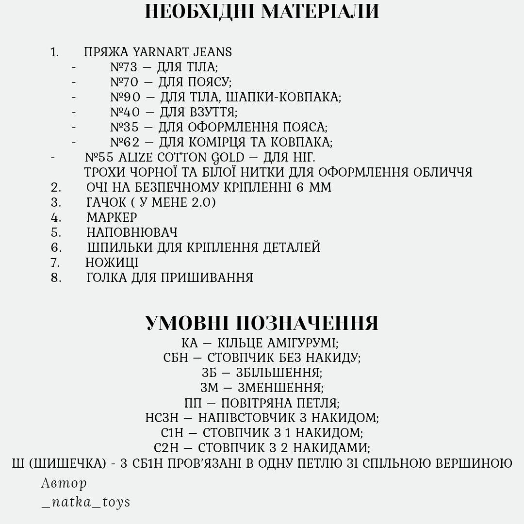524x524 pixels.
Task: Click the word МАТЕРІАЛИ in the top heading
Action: click(320, 12)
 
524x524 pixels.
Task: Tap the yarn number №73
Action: click(124, 67)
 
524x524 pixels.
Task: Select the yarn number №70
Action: click(124, 82)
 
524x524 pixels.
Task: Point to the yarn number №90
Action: click(125, 97)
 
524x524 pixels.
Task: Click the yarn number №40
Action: click(125, 112)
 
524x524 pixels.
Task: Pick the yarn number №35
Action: click(124, 127)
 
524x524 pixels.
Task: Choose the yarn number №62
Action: click(125, 142)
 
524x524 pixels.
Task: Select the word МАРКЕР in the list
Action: click(112, 217)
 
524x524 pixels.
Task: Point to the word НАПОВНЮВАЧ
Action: click(132, 232)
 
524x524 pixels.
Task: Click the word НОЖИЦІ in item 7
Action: click(112, 262)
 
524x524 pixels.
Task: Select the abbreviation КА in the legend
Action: click(190, 343)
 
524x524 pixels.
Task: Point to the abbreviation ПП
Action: click(193, 403)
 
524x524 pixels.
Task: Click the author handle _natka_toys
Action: click(86, 502)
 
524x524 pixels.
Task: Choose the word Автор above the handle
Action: click(64, 483)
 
